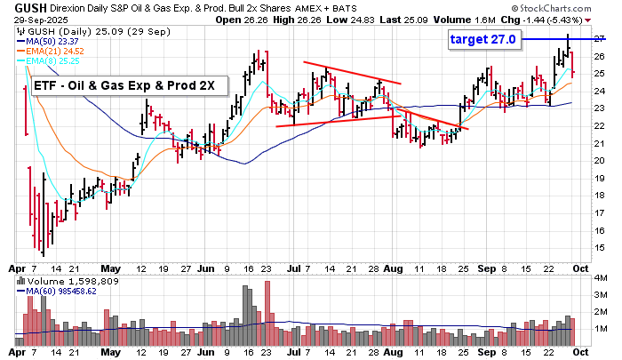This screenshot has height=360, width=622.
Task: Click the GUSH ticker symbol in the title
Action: pos(21,7)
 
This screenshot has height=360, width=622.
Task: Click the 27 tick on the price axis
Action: pos(601,39)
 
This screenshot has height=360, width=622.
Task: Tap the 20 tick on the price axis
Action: pos(601,160)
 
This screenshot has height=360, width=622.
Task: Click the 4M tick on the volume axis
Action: pos(601,278)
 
